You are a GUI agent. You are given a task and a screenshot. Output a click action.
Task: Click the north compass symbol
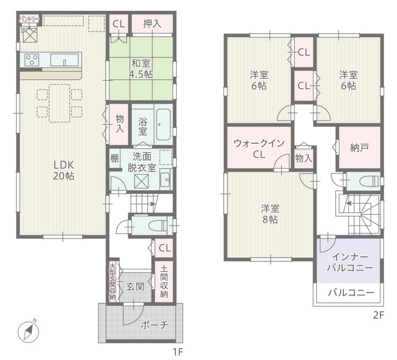tap(28, 331)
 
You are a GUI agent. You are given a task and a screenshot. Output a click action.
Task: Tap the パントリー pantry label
tap(29, 19)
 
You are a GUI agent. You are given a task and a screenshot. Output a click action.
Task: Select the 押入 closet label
tap(152, 24)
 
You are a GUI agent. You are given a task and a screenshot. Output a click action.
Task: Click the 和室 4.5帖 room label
tap(141, 68)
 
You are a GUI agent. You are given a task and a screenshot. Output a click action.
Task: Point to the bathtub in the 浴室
tap(163, 125)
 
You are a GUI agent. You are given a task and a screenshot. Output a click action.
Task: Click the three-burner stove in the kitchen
tap(32, 60)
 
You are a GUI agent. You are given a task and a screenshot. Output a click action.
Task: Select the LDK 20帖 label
tap(63, 170)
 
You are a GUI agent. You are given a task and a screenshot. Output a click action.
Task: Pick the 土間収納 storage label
tap(164, 281)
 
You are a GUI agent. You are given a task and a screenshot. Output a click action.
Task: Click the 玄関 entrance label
tap(135, 286)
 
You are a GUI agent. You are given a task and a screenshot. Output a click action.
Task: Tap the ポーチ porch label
tap(154, 324)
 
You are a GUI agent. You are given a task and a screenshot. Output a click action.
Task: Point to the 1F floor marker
tap(178, 352)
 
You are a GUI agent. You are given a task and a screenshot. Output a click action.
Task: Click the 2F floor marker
tap(378, 315)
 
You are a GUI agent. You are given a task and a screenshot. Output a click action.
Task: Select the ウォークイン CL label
tap(259, 149)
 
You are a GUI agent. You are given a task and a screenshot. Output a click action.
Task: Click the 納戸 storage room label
tap(359, 148)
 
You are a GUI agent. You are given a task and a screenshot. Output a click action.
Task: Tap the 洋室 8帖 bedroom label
tap(270, 214)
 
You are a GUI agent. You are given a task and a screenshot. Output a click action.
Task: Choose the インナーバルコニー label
tap(350, 262)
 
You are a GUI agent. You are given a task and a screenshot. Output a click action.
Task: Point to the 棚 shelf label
tap(114, 159)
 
